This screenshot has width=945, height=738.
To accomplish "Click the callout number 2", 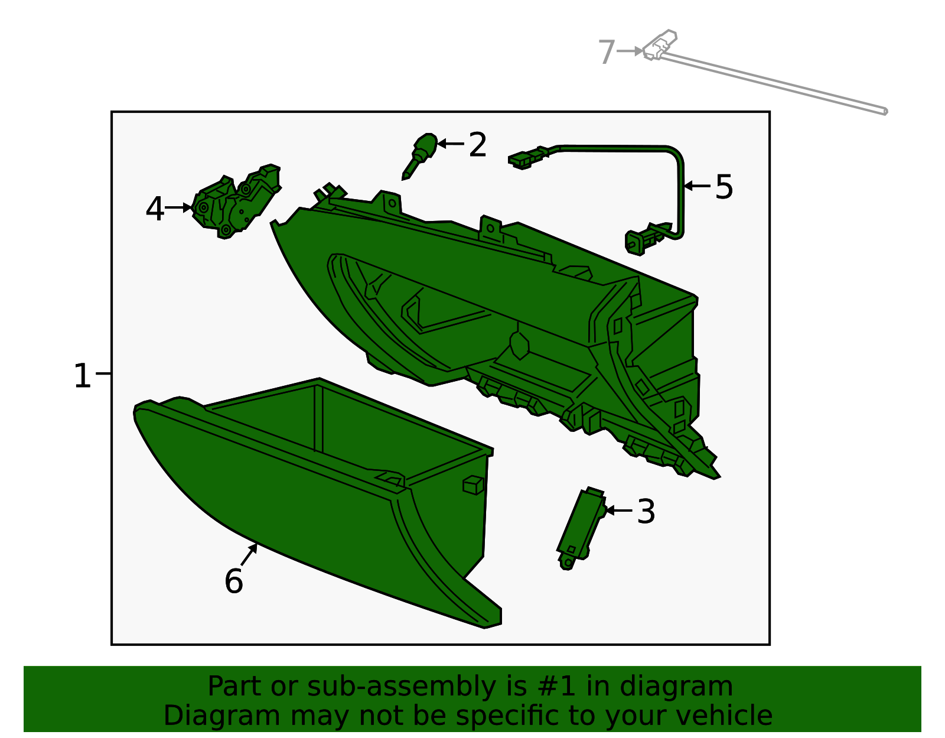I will [x=477, y=145].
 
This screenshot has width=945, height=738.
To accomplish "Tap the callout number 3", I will [x=646, y=512].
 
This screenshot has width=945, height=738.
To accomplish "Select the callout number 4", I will [x=155, y=209].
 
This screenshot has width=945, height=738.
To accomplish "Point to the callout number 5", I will [x=724, y=187].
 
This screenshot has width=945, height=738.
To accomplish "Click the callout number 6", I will [x=233, y=581].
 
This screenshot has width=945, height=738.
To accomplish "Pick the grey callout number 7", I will [x=607, y=52].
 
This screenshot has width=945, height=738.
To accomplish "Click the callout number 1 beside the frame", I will [x=82, y=376].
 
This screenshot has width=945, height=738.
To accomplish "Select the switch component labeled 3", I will [x=581, y=526].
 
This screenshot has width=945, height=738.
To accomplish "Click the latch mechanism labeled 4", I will [x=236, y=201].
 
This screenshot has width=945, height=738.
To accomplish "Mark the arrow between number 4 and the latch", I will [x=178, y=207].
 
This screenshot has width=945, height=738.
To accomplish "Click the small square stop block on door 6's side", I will [x=473, y=485].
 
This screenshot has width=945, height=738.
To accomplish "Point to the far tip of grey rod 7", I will [x=884, y=110].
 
